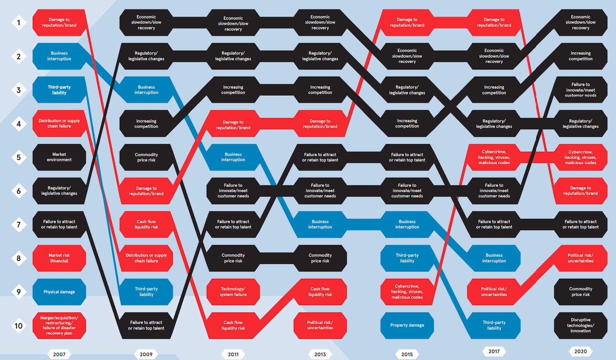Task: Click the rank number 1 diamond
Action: click(19, 23)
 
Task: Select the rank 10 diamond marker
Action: click(19, 325)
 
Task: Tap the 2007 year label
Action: click(59, 354)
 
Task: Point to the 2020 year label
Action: click(580, 351)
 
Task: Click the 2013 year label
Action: click(320, 354)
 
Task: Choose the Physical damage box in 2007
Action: click(59, 292)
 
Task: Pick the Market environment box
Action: click(59, 157)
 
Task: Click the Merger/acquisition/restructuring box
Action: click(59, 325)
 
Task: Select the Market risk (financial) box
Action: click(59, 258)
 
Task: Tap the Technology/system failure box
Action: click(233, 292)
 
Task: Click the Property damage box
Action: click(407, 325)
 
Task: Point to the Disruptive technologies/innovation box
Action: click(580, 325)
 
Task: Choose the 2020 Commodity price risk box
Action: click(580, 292)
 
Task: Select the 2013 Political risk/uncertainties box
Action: click(320, 325)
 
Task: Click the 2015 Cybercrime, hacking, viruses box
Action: click(407, 292)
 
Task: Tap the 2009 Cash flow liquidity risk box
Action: click(146, 224)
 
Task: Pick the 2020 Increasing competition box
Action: click(580, 56)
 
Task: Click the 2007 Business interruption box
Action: click(59, 56)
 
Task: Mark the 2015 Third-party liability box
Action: click(407, 258)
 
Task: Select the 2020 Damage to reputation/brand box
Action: click(580, 191)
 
